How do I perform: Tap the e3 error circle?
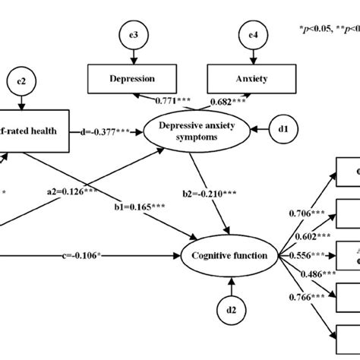click(x=134, y=33)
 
